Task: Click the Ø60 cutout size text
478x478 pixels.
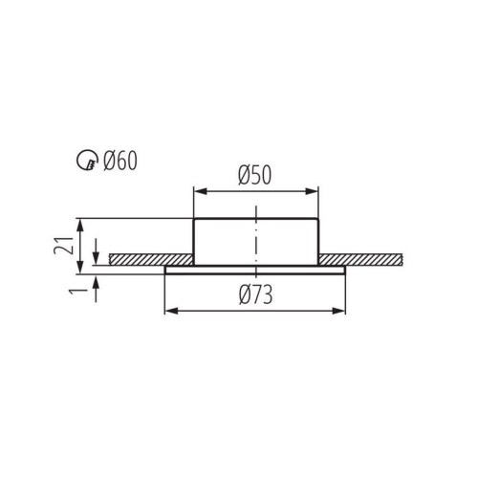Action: [120, 160]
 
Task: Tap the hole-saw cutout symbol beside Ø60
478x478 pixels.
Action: [87, 161]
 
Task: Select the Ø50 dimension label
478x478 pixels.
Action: [255, 176]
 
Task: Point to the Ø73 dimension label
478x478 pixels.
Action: [254, 295]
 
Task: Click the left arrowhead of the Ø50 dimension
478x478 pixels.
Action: [198, 191]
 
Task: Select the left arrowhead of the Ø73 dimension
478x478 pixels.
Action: [170, 311]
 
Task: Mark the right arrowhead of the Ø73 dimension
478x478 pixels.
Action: [340, 311]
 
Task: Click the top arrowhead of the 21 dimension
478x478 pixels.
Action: [81, 224]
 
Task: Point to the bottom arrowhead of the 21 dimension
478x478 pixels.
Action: [81, 267]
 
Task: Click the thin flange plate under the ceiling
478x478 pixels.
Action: [254, 270]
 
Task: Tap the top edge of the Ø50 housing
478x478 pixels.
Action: [255, 220]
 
